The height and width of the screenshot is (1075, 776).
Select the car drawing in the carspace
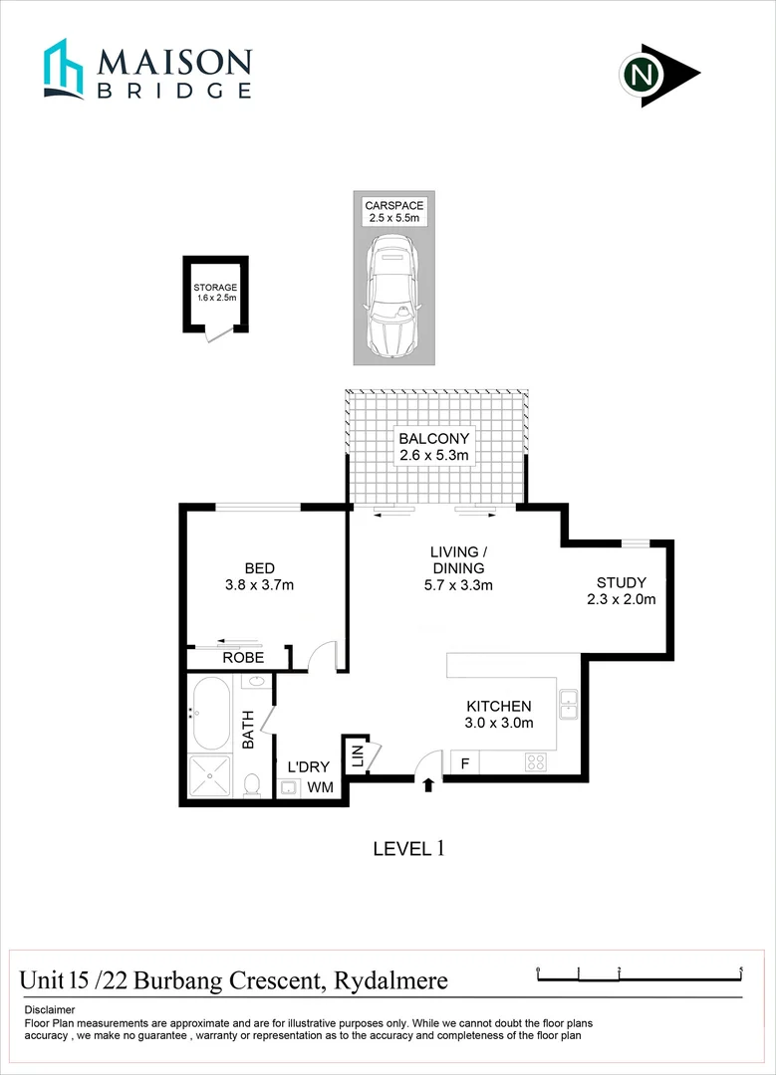pyautogui.click(x=393, y=297)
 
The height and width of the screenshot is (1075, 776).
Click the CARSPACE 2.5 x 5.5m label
pyautogui.click(x=393, y=212)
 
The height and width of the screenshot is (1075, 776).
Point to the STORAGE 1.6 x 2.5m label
pyautogui.click(x=215, y=293)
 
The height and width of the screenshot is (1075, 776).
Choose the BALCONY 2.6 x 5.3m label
pyautogui.click(x=433, y=446)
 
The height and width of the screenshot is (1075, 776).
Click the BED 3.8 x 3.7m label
pyautogui.click(x=259, y=576)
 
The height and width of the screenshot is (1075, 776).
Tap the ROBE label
pyautogui.click(x=242, y=658)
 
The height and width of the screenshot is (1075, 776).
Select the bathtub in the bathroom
pyautogui.click(x=210, y=714)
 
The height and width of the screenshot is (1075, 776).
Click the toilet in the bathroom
pyautogui.click(x=252, y=784)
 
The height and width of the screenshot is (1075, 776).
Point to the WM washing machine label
pyautogui.click(x=319, y=787)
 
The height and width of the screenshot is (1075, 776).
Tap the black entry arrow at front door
pyautogui.click(x=428, y=785)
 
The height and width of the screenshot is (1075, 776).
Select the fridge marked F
pyautogui.click(x=463, y=763)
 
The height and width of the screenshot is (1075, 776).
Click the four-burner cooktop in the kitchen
pyautogui.click(x=536, y=763)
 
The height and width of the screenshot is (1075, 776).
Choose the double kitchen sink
pyautogui.click(x=568, y=704)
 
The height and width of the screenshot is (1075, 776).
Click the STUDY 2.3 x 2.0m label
pyautogui.click(x=622, y=590)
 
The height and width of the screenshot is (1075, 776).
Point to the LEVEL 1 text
pyautogui.click(x=406, y=849)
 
